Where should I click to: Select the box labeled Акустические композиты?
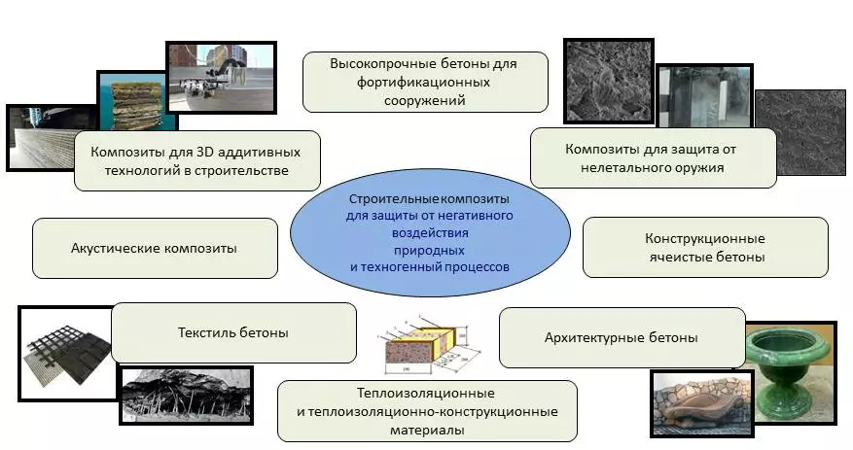(154, 248)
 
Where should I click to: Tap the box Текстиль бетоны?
(233, 332)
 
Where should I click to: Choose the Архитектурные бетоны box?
(622, 337)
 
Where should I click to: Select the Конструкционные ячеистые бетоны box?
(705, 247)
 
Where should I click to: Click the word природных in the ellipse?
(430, 250)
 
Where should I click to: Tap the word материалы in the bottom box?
(426, 429)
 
